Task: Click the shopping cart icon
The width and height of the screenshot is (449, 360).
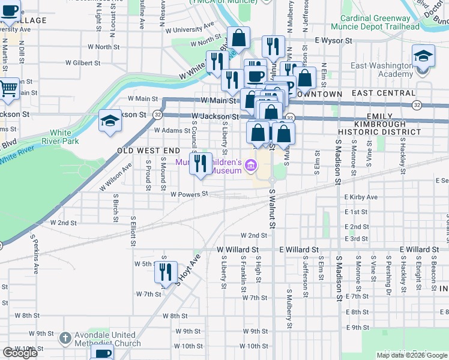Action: tap(8, 88)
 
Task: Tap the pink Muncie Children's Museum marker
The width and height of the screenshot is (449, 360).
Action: tap(251, 164)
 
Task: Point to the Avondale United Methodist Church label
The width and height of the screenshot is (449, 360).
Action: tap(107, 340)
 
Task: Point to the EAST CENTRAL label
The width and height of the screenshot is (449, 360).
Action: tap(380, 94)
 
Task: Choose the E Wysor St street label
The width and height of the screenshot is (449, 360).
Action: tap(333, 40)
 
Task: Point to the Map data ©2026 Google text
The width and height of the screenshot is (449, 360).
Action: tap(411, 355)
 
